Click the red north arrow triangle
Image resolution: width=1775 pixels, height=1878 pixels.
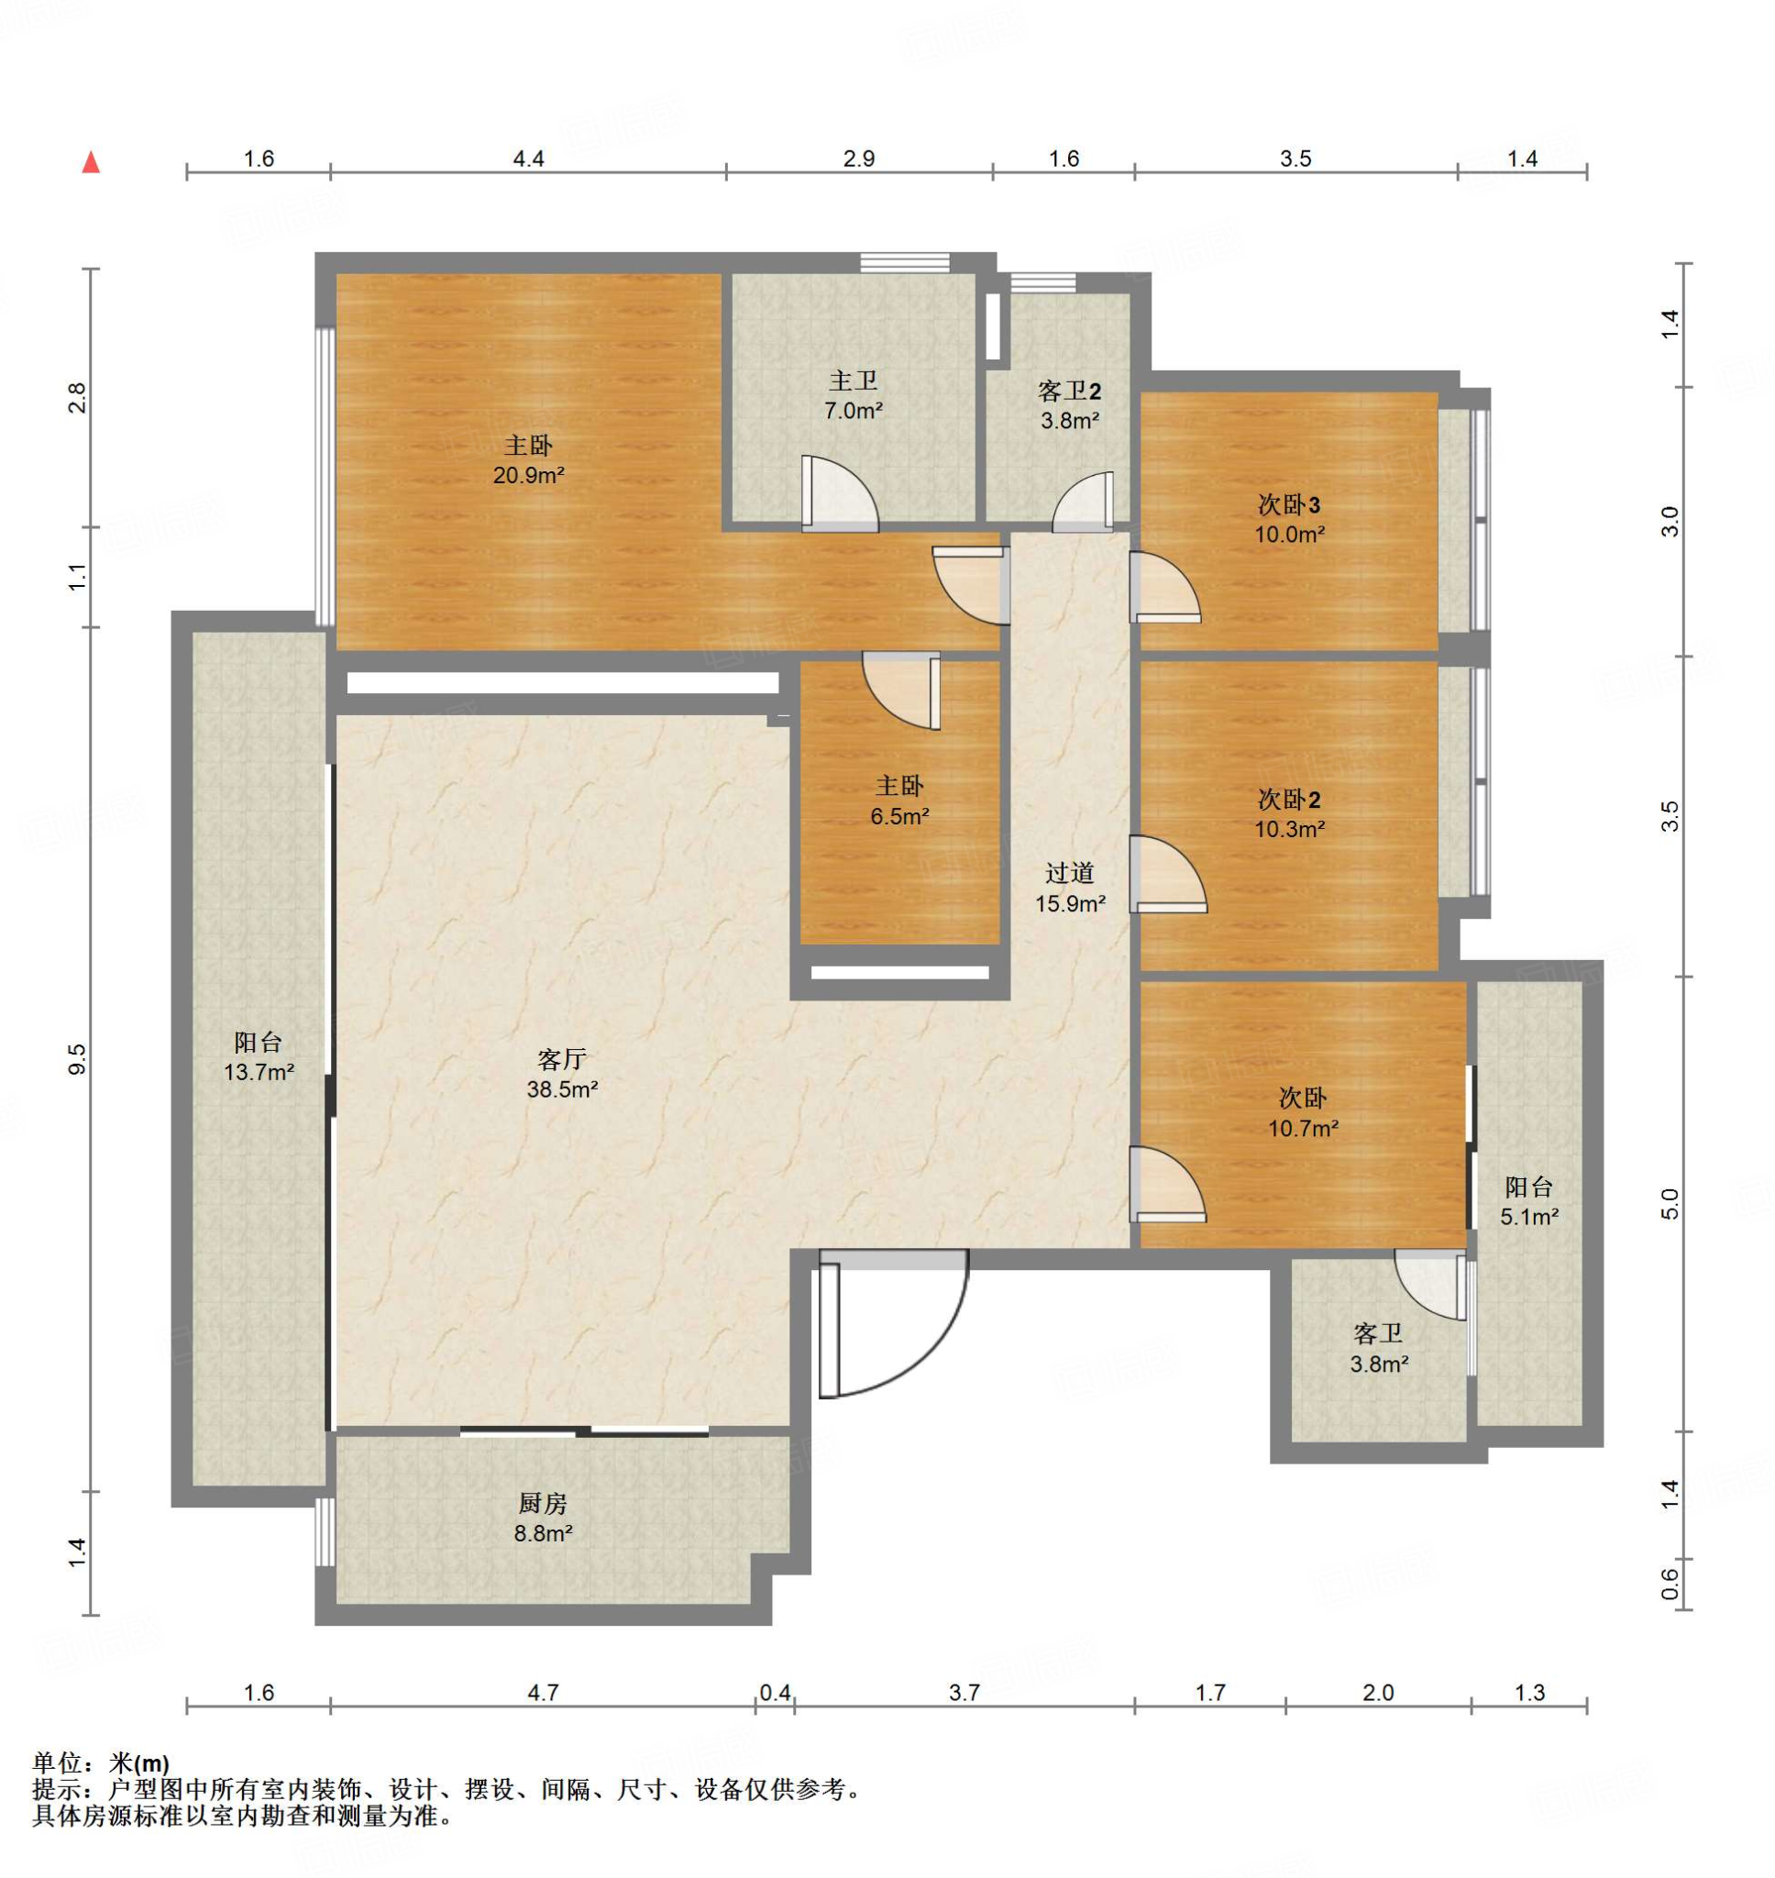click(91, 162)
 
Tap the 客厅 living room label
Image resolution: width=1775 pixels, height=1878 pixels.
click(561, 1059)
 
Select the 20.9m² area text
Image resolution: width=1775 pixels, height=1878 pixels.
click(528, 475)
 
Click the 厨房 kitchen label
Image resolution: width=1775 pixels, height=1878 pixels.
click(542, 1502)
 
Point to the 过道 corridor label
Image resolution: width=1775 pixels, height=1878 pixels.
click(1069, 872)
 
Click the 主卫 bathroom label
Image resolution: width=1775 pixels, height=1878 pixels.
click(854, 381)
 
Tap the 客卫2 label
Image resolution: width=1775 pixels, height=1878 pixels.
click(1069, 391)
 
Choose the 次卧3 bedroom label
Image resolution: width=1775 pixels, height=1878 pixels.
click(1289, 504)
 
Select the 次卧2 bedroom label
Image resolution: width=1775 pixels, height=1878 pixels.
click(1289, 800)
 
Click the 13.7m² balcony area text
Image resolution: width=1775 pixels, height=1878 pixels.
click(259, 1072)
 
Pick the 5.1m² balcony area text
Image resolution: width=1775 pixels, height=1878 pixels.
click(1529, 1217)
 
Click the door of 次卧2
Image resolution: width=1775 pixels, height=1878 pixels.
click(1167, 874)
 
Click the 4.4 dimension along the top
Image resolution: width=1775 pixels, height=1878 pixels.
click(528, 159)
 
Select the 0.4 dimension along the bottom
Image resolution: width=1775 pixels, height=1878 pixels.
click(775, 1692)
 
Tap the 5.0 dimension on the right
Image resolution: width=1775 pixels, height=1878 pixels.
click(1670, 1203)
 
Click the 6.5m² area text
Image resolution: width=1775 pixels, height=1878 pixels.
click(899, 815)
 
